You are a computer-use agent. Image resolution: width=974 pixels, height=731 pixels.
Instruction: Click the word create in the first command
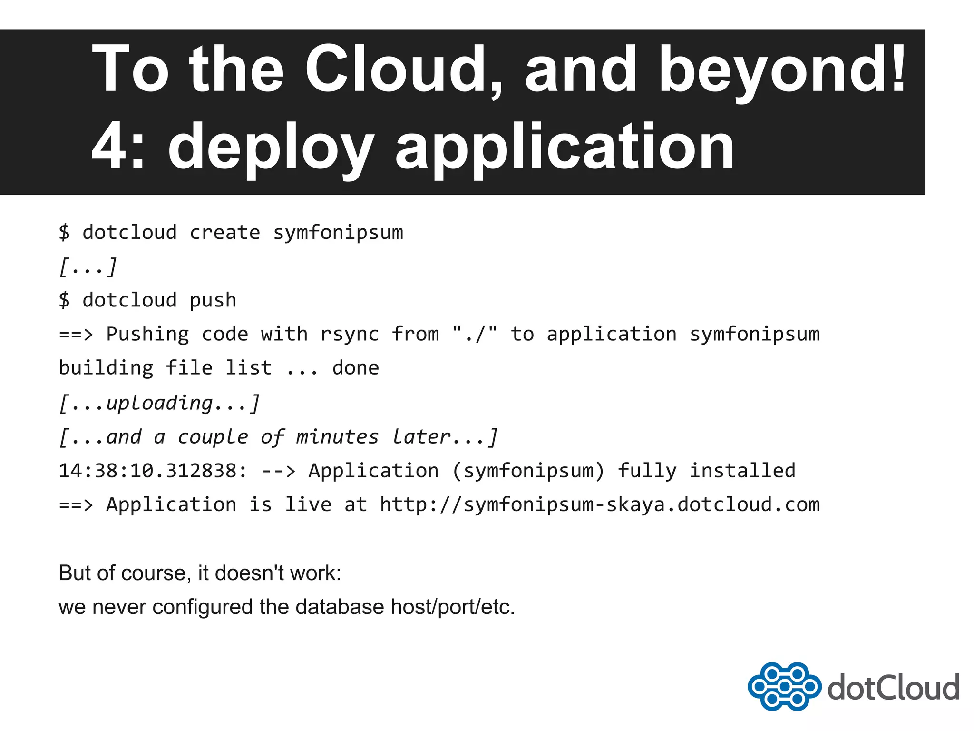[225, 233]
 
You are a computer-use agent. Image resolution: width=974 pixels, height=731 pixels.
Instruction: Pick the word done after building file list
[356, 368]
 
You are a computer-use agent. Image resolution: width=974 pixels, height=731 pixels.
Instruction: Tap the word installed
[742, 471]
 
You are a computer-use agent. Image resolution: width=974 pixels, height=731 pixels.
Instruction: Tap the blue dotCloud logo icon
[784, 686]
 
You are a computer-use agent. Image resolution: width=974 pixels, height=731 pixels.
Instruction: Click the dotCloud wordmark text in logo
[894, 687]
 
